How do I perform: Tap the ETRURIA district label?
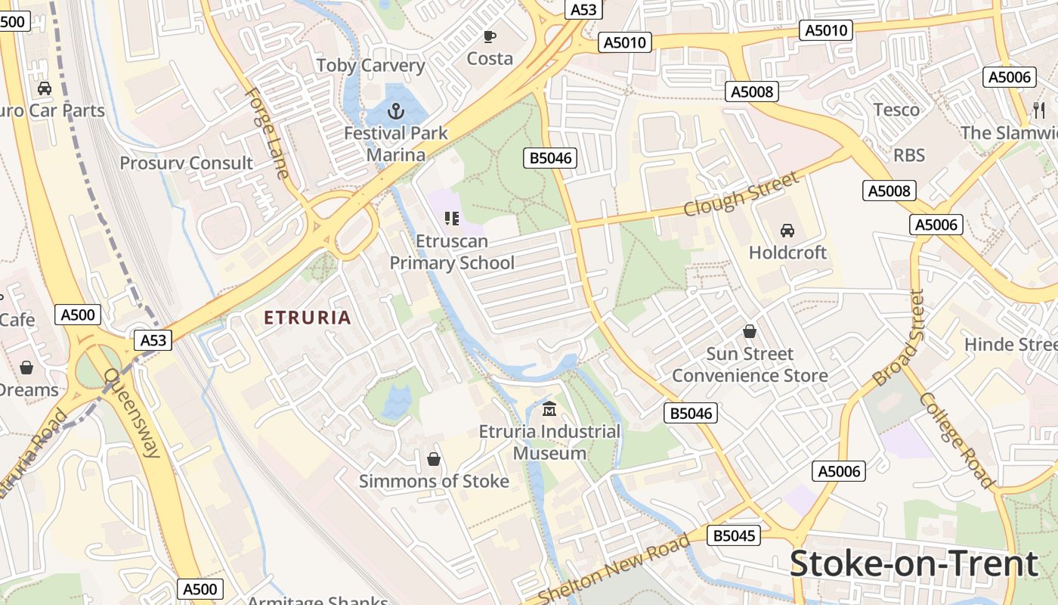[308, 318]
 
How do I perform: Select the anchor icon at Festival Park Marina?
[396, 112]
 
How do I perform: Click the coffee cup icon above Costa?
[490, 36]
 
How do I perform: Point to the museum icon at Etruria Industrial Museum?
[549, 410]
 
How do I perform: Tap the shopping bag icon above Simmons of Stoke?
[434, 459]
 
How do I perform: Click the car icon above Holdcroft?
[787, 230]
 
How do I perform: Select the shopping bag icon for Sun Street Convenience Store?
[750, 331]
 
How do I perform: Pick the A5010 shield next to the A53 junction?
[626, 42]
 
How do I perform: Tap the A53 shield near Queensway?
[153, 340]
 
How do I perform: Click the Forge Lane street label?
[268, 133]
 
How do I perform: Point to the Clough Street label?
[741, 194]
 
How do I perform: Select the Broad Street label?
[899, 337]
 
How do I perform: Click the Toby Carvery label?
[370, 65]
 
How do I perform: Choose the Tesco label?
[896, 110]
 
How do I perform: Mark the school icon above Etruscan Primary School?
[452, 219]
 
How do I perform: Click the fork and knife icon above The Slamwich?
[1039, 110]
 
